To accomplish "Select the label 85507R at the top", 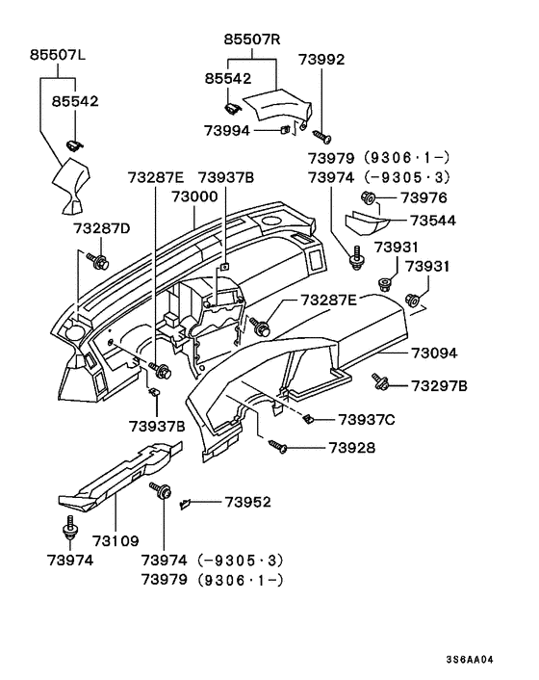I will click(252, 40).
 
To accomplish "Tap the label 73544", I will click(429, 220).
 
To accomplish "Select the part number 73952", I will click(248, 502).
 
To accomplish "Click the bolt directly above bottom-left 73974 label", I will click(69, 528).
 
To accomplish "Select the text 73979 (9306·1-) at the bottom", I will click(215, 580).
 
